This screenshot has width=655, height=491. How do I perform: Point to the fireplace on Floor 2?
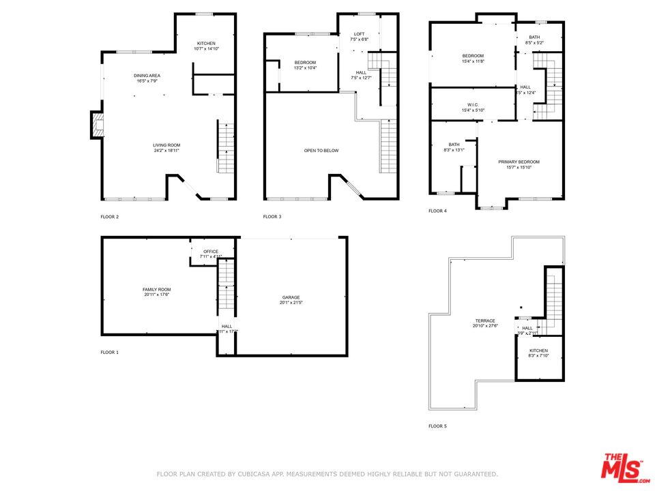(x=96, y=125)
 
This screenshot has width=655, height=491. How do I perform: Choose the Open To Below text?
(x=321, y=151)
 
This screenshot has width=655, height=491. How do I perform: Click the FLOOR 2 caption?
(x=109, y=217)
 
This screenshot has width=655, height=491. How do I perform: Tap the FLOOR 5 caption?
(x=437, y=426)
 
